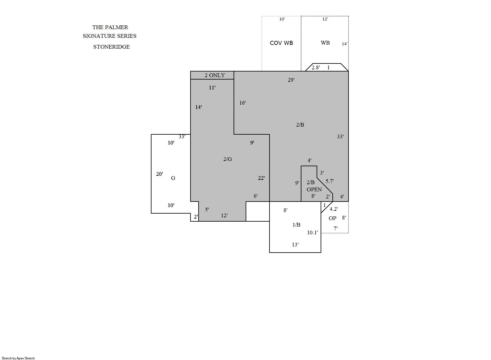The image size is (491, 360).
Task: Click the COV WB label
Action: pos(282,43)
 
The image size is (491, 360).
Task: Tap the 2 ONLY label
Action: pos(215,75)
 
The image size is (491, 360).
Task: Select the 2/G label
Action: pos(227,159)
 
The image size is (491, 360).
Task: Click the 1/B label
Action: pos(296,225)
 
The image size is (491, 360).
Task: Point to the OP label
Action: pos(332,218)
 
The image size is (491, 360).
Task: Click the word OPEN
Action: pos(314,189)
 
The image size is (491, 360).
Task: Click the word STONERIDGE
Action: pos(111,47)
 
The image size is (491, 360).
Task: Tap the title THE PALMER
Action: pos(110,27)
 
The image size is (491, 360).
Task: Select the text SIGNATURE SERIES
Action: pos(109,36)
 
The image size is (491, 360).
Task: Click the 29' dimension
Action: pos(291,80)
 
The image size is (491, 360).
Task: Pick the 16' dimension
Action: pos(243,103)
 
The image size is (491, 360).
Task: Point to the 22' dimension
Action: pos(261,178)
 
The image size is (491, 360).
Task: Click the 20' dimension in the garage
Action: pos(159,174)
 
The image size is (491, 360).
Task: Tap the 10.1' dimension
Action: pos(312,232)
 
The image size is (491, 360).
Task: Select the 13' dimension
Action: pos(295,245)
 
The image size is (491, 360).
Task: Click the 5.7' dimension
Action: pos(330,181)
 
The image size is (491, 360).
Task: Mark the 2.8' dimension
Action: pos(316,67)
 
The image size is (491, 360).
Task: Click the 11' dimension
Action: pos(212,88)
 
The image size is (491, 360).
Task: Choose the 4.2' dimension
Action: pos(334,209)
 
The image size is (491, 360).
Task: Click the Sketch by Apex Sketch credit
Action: pos(18,358)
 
